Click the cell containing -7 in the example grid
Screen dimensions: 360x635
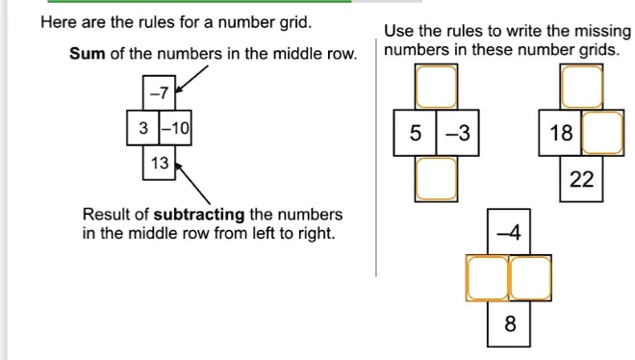(158, 93)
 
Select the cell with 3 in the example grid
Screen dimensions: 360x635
(142, 128)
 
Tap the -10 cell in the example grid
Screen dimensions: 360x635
(175, 128)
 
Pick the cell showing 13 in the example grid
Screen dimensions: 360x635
(158, 163)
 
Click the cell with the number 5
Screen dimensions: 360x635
(415, 134)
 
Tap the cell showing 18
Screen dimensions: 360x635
(562, 134)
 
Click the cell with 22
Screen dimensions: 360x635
(582, 180)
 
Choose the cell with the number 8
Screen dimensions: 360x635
(509, 324)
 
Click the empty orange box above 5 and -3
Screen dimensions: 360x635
(436, 87)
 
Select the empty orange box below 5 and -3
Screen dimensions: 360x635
(436, 178)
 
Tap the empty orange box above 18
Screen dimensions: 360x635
(582, 87)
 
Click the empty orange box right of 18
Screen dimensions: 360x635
(602, 134)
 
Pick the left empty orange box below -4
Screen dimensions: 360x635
(487, 278)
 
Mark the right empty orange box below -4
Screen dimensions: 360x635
(530, 278)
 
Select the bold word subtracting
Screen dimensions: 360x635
(200, 214)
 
